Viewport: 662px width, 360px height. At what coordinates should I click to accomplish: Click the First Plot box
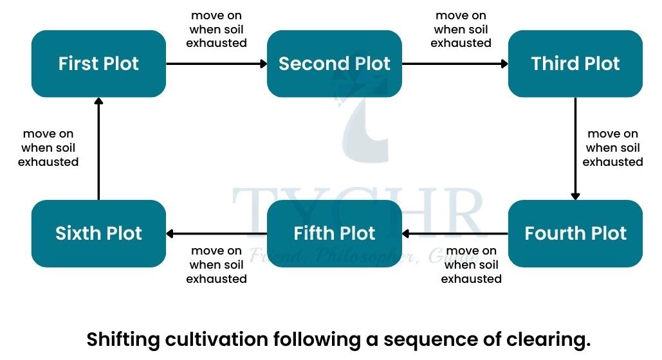(x=98, y=64)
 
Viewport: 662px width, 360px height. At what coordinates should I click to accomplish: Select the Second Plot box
(x=335, y=64)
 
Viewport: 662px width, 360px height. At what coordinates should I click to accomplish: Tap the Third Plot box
(x=575, y=64)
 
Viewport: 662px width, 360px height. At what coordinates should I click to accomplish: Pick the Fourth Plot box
(x=575, y=233)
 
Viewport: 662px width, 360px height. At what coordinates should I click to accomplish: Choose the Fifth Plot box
(x=335, y=233)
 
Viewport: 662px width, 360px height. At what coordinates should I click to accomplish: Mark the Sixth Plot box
(x=98, y=233)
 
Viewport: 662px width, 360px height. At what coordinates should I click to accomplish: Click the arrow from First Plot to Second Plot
(x=216, y=64)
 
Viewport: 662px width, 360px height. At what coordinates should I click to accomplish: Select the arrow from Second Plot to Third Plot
(x=455, y=64)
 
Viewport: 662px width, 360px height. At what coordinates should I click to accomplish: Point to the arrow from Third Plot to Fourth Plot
(x=575, y=148)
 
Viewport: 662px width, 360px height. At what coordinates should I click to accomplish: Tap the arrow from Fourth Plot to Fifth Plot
(x=455, y=233)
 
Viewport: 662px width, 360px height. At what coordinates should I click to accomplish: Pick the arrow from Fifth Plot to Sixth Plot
(x=216, y=233)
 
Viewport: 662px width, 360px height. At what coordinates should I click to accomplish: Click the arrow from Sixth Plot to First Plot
(x=98, y=148)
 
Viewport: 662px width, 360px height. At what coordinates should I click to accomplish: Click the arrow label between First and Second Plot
(x=217, y=30)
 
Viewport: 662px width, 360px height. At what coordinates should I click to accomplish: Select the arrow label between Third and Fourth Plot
(x=612, y=148)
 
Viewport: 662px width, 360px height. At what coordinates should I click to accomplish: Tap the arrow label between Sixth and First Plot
(x=48, y=148)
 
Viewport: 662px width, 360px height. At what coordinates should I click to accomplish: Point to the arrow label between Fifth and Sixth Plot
(x=217, y=265)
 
